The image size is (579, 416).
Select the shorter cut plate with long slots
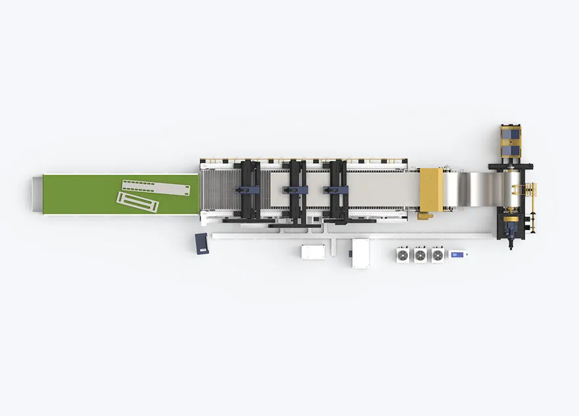tap(138, 201)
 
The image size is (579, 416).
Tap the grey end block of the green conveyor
tap(36, 194)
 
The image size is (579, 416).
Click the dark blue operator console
tap(202, 243)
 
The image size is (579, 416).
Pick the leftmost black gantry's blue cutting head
tap(249, 189)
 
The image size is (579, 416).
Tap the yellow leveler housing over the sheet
tap(431, 189)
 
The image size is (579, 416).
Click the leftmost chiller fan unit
tap(403, 254)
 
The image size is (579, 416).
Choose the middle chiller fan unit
tap(420, 254)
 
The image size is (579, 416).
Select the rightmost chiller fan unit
tap(438, 254)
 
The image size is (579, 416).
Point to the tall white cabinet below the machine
tap(360, 253)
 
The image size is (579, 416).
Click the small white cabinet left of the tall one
tap(313, 252)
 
